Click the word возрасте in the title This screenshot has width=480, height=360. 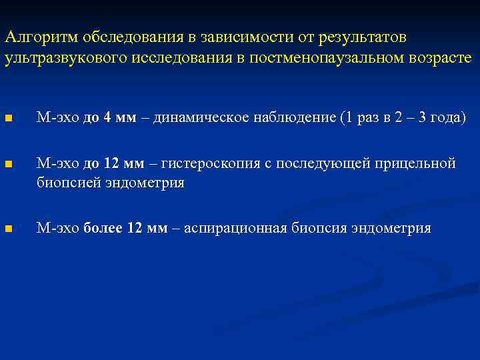(x=440, y=58)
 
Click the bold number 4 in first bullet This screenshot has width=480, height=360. (x=109, y=118)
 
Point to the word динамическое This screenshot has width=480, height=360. (x=194, y=118)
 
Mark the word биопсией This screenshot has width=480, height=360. (x=69, y=182)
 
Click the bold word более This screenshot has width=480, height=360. (x=103, y=228)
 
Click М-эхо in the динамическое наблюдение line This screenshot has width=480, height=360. (x=57, y=118)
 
